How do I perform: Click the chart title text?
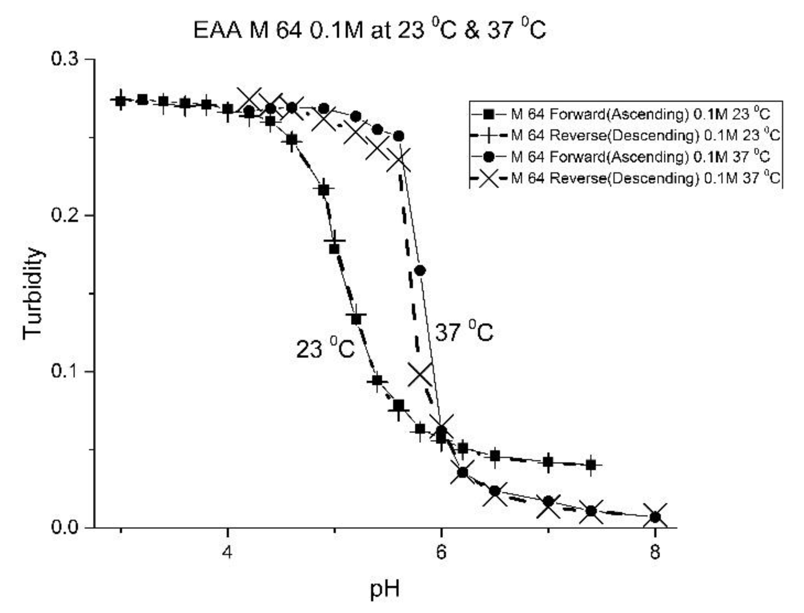tap(369, 30)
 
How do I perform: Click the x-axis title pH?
tap(384, 589)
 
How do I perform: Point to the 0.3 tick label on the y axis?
tap(64, 59)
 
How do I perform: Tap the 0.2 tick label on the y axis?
tap(64, 215)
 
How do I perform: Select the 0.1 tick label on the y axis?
tap(64, 371)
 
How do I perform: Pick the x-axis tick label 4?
tap(228, 552)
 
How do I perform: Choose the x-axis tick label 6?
tap(441, 552)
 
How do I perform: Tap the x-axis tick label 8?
tap(655, 552)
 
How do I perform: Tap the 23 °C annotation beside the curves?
tap(325, 348)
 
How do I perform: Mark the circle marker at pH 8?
tap(655, 517)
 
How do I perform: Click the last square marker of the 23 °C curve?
tap(591, 465)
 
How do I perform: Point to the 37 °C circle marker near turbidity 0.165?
tap(420, 271)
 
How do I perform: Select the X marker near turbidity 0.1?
tap(420, 374)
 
